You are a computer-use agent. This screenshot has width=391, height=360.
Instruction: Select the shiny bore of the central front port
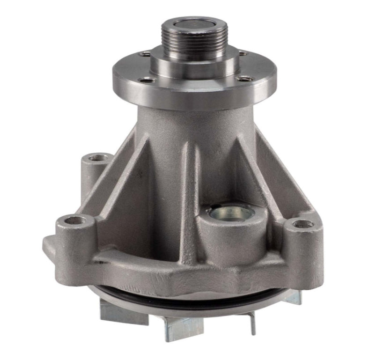pyautogui.click(x=230, y=213)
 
